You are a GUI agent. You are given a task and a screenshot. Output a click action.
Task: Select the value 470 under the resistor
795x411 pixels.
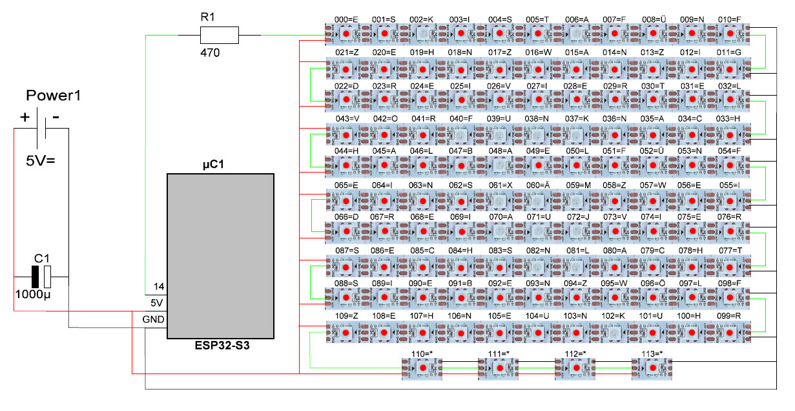click(x=211, y=53)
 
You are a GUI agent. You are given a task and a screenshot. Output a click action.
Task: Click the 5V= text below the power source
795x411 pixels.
click(x=42, y=162)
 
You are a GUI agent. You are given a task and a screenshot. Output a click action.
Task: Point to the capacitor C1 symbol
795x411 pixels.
click(x=41, y=277)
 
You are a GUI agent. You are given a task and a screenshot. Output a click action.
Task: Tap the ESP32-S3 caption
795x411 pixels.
click(x=222, y=346)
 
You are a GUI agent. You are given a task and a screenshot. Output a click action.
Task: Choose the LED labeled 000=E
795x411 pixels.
click(x=346, y=34)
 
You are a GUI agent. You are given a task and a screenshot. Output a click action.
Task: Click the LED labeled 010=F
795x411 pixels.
click(x=730, y=34)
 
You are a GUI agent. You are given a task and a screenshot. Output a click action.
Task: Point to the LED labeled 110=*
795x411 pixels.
click(x=422, y=368)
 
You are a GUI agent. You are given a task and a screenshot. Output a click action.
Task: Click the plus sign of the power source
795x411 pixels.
click(x=25, y=118)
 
